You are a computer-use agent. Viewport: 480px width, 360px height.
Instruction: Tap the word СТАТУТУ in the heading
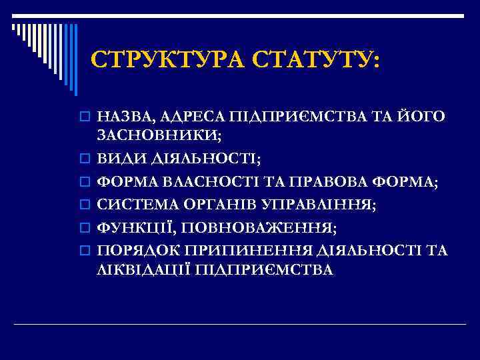pyautogui.click(x=316, y=61)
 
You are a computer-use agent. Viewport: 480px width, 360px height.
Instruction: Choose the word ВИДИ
pyautogui.click(x=117, y=159)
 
